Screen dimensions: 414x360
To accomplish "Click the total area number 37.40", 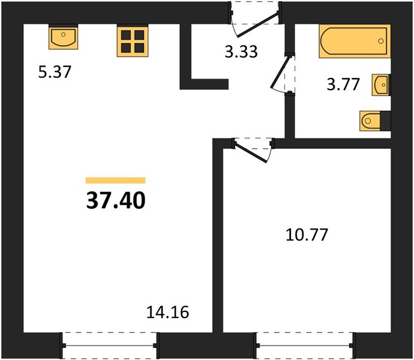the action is click(x=116, y=200).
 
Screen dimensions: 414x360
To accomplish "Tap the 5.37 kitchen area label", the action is click(x=55, y=72).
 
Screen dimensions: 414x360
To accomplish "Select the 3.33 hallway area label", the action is click(x=241, y=52).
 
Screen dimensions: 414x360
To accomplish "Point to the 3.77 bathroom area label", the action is click(x=343, y=85).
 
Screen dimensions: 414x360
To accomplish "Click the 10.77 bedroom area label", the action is click(x=307, y=235).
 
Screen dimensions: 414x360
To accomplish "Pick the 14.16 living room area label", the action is click(x=167, y=313).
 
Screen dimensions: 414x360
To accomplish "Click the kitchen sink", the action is click(x=63, y=37).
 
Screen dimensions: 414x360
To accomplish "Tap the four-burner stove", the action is click(x=133, y=41).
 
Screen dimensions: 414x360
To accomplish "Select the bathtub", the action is click(x=355, y=41).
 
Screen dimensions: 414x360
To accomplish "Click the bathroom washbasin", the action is click(x=381, y=85).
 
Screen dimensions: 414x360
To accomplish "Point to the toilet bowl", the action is click(x=370, y=121).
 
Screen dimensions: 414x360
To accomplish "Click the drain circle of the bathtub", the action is click(x=380, y=41).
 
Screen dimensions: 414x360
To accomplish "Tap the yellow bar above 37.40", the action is click(x=116, y=180).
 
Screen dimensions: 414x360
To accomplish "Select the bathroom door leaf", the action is click(x=279, y=71).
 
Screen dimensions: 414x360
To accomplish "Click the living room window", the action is click(x=110, y=345).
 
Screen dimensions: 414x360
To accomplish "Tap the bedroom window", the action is click(x=304, y=345).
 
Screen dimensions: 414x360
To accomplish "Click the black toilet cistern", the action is click(x=385, y=121).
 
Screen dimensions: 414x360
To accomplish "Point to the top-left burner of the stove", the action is click(x=125, y=35).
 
